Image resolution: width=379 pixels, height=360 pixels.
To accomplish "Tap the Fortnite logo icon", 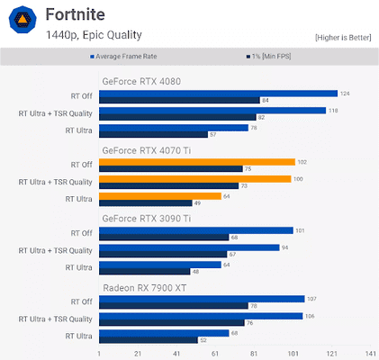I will [x=23, y=22].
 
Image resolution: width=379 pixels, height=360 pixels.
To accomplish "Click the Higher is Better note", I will [x=342, y=37].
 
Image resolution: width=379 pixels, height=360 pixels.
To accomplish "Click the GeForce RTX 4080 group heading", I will [x=141, y=81].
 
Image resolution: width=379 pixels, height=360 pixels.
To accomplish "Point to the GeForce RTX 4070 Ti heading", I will [x=146, y=150].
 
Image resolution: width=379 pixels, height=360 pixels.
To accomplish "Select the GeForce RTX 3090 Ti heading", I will [x=146, y=219].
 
